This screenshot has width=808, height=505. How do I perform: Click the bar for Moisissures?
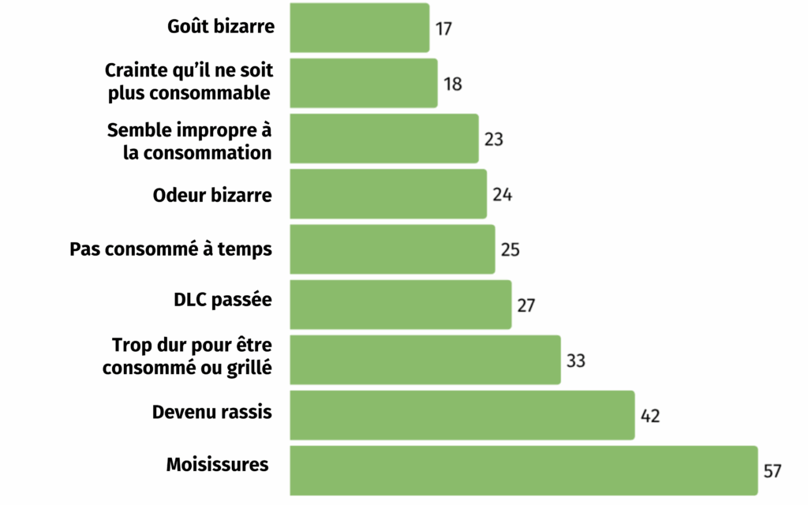pyautogui.click(x=524, y=470)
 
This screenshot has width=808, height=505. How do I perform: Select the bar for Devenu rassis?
pyautogui.click(x=462, y=415)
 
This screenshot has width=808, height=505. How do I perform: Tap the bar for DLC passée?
pyautogui.click(x=400, y=305)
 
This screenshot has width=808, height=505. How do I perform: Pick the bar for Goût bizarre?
pyautogui.click(x=359, y=28)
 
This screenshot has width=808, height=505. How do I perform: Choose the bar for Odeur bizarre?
pyautogui.click(x=387, y=194)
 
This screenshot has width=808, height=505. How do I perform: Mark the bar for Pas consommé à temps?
pyautogui.click(x=392, y=249)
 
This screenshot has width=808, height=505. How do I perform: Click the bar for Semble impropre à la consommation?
pyautogui.click(x=383, y=139)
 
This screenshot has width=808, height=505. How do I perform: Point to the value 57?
pyautogui.click(x=772, y=471)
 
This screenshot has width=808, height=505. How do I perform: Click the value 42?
pyautogui.click(x=650, y=417)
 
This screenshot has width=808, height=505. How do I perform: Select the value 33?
pyautogui.click(x=576, y=361)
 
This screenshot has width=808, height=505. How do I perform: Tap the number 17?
pyautogui.click(x=443, y=28)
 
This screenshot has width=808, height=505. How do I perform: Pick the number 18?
pyautogui.click(x=452, y=84)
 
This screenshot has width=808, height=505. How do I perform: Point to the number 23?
pyautogui.click(x=493, y=140)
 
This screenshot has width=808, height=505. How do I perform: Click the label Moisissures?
pyautogui.click(x=217, y=464)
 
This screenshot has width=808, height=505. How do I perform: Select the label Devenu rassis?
pyautogui.click(x=211, y=412)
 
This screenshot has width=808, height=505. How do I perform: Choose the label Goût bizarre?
pyautogui.click(x=221, y=26)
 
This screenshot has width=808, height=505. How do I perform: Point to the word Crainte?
pyautogui.click(x=135, y=70)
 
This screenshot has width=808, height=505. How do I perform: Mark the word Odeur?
pyautogui.click(x=179, y=195)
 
